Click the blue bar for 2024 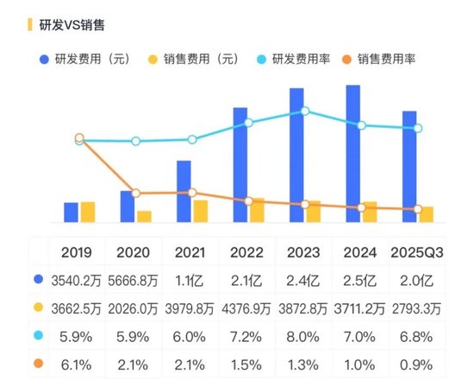(352, 153)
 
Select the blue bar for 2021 (184, 191)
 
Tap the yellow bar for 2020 (144, 216)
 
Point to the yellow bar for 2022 (257, 210)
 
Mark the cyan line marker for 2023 (305, 111)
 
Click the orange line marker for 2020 (135, 193)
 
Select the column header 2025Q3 (417, 252)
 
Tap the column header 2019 (78, 252)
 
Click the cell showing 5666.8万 (134, 280)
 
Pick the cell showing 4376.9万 (247, 308)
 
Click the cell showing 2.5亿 (360, 280)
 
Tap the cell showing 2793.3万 (417, 308)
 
